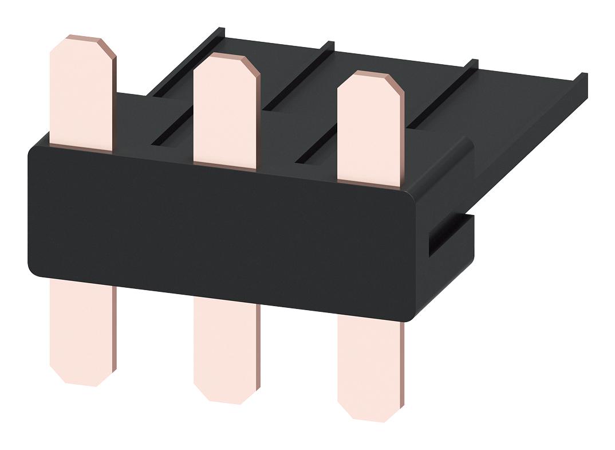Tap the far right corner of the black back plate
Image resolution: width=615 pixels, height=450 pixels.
tap(584, 77)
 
